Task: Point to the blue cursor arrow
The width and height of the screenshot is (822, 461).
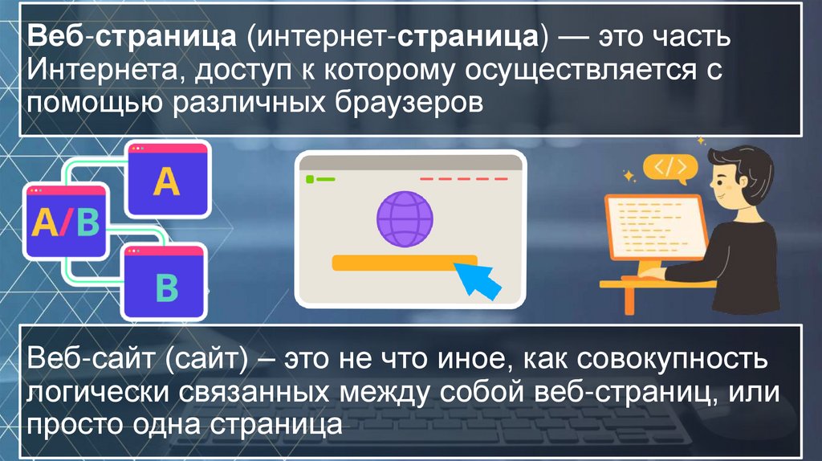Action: pyautogui.click(x=478, y=278)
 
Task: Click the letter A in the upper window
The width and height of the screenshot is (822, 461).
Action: pyautogui.click(x=167, y=182)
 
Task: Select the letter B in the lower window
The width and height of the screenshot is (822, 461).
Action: pyautogui.click(x=165, y=287)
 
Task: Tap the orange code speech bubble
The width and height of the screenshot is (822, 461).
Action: pyautogui.click(x=669, y=169)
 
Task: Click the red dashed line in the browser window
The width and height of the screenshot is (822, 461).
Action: pyautogui.click(x=463, y=178)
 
